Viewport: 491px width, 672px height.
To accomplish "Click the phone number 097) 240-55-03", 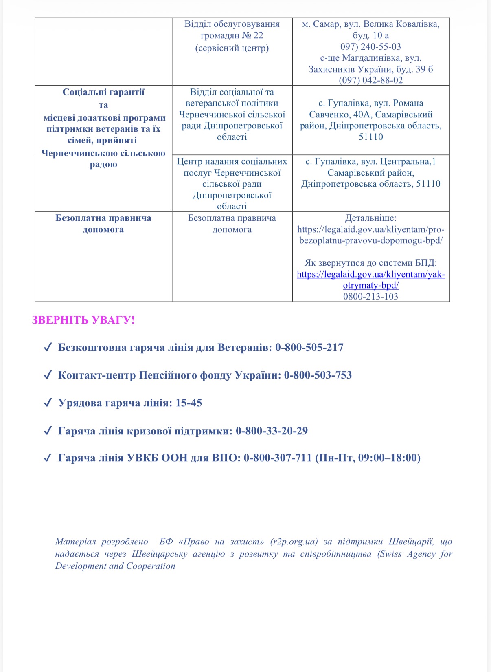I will [370, 47].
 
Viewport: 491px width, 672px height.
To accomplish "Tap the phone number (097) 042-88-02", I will [370, 80].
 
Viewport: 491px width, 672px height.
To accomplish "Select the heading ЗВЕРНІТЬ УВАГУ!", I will [83, 320].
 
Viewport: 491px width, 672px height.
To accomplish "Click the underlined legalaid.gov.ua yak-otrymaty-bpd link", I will [370, 280].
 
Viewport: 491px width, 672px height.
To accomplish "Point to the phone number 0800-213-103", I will [370, 296].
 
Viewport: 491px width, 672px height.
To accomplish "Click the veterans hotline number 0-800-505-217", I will [309, 348].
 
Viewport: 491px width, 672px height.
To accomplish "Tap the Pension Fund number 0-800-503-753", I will [318, 375].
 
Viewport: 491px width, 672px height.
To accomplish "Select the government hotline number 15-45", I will [189, 403].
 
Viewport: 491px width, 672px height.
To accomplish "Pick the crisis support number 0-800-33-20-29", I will [272, 431].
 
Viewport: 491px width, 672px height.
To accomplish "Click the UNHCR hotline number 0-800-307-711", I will [278, 458].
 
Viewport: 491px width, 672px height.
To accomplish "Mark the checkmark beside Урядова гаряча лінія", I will [48, 403].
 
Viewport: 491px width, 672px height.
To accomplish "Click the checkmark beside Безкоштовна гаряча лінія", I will [48, 348].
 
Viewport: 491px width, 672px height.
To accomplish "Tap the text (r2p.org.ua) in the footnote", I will [294, 542].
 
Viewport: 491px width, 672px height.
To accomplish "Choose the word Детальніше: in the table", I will [370, 218].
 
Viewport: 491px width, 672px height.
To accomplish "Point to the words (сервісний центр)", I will [232, 48].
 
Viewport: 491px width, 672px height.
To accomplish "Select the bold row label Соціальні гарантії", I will [103, 92].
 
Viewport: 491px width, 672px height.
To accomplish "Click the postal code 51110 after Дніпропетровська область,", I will [428, 184].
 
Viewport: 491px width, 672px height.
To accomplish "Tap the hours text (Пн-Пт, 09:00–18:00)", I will [368, 458].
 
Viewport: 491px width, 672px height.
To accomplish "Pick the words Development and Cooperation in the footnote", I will [115, 566].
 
